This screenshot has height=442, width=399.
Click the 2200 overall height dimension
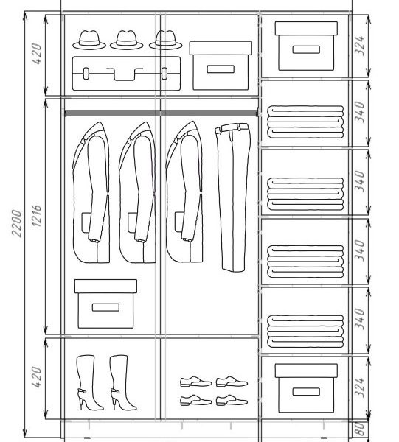tap(16, 223)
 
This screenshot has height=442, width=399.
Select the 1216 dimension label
tap(36, 216)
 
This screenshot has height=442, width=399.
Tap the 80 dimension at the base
tap(359, 429)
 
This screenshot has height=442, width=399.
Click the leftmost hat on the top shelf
tap(89, 40)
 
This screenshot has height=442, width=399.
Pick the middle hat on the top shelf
tap(127, 40)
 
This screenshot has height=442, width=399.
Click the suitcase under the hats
tap(126, 74)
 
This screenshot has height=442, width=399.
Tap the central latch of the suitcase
tap(125, 74)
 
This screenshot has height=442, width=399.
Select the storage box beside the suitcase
tap(221, 66)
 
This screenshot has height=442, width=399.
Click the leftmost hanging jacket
tap(91, 192)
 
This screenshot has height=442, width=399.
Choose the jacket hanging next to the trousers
tap(184, 192)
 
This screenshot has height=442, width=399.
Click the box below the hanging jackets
tap(105, 304)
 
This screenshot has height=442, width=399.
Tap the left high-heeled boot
tap(89, 382)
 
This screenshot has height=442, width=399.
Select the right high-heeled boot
tap(122, 382)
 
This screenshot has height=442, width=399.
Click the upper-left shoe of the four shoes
tap(196, 382)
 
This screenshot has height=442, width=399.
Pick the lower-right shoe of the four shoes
tap(232, 400)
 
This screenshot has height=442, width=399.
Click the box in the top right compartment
tap(306, 46)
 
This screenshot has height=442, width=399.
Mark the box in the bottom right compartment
tap(306, 388)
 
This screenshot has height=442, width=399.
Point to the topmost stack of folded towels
tap(305, 122)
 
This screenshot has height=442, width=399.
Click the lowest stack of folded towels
tap(305, 331)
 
